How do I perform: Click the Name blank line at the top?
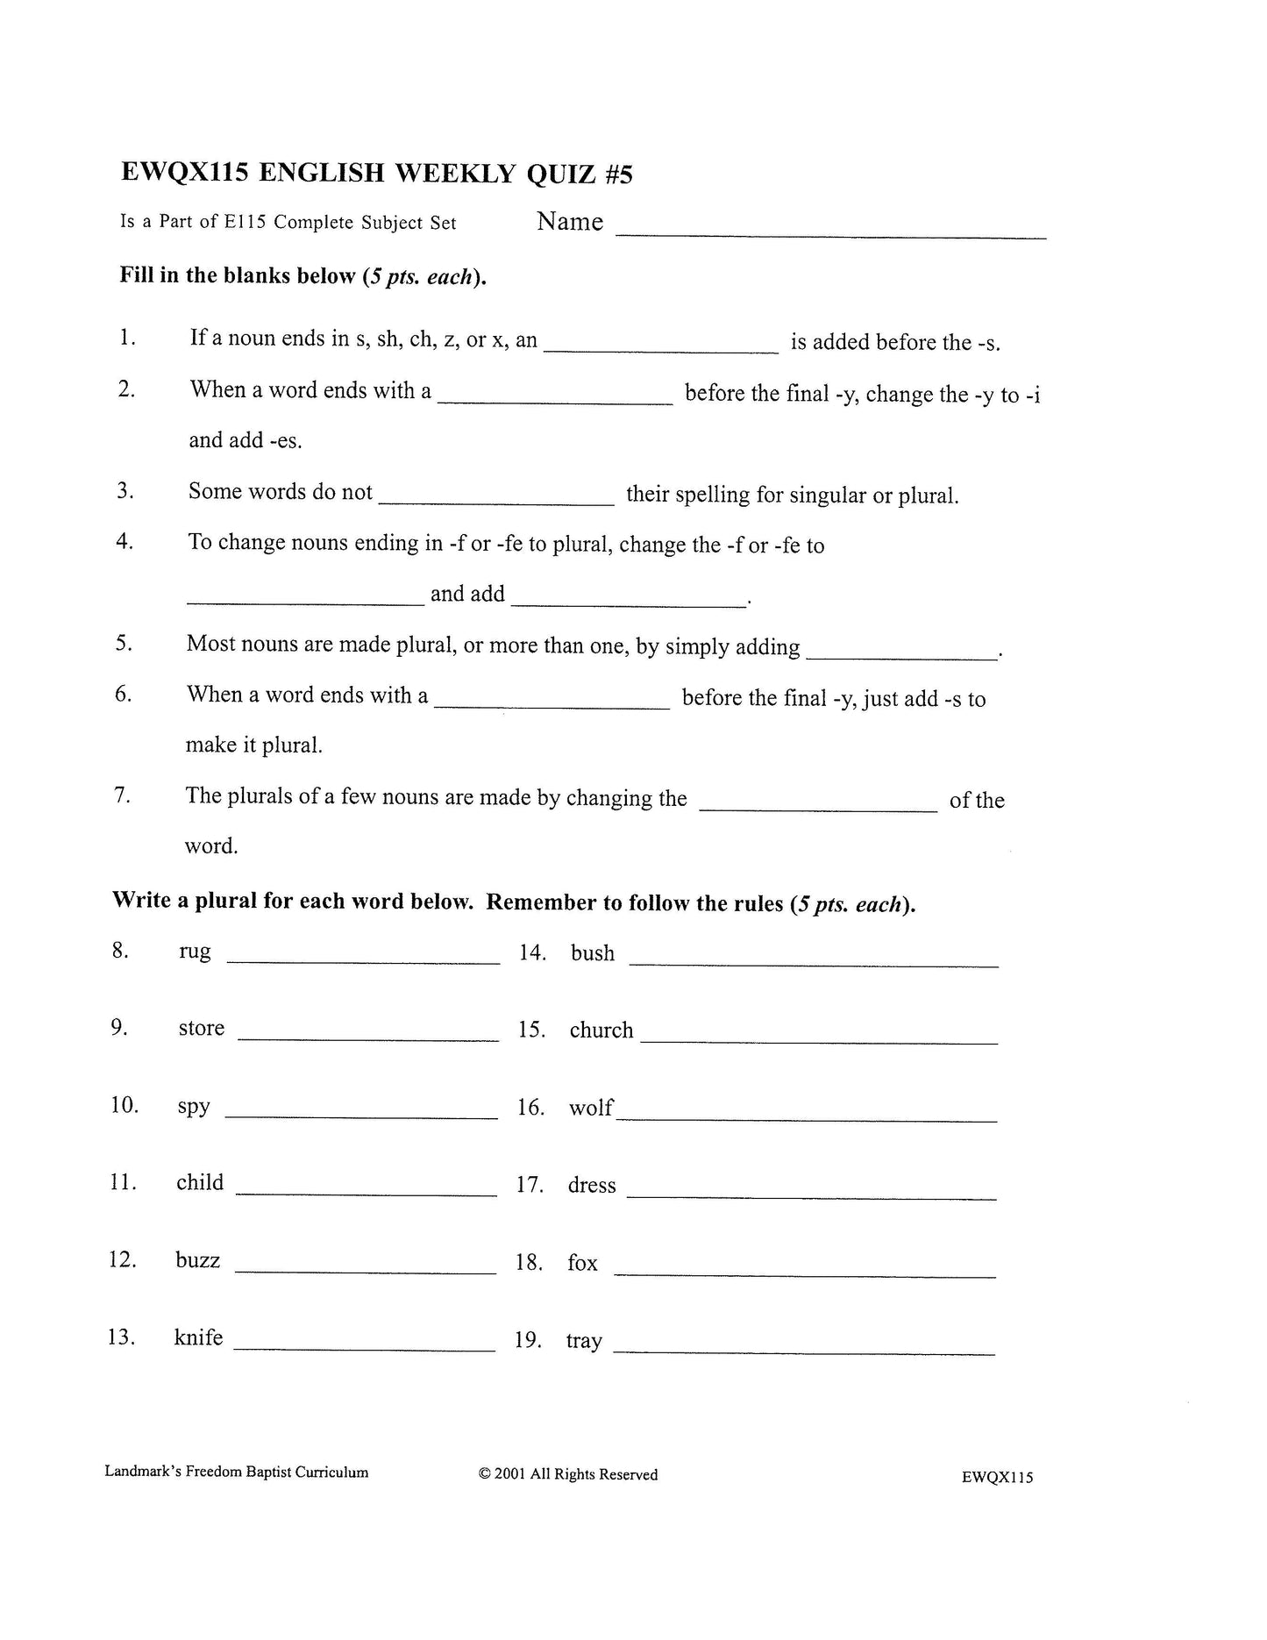830,235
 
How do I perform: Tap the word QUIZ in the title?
561,175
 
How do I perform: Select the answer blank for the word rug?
363,961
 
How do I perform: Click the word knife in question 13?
198,1337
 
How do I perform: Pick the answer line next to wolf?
806,1119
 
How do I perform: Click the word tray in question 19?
584,1341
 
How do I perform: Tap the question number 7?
122,795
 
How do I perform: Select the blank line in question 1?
660,350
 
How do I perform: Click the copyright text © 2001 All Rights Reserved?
568,1474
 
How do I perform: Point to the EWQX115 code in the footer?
997,1477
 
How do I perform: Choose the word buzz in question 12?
197,1260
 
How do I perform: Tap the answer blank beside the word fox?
804,1275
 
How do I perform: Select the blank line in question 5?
901,657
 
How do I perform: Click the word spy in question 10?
194,1106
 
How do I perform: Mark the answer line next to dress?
811,1197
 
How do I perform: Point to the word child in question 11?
200,1182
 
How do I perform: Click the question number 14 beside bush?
532,952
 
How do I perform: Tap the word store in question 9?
201,1028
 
